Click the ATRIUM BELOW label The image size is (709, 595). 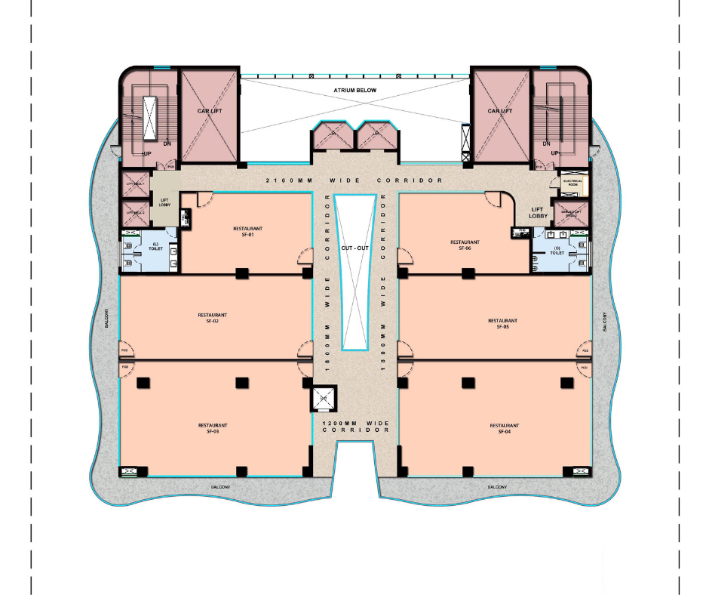[x=354, y=90]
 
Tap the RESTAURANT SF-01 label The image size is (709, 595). [x=247, y=230]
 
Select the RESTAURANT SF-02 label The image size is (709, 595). [x=212, y=318]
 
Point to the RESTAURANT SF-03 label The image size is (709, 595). [x=212, y=428]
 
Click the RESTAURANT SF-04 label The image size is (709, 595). [x=505, y=428]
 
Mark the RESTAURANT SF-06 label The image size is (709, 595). [x=465, y=245]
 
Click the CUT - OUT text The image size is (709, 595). [x=354, y=248]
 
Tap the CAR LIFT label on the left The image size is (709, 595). [x=209, y=111]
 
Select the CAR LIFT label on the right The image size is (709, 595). [x=499, y=111]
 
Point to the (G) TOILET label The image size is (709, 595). [x=557, y=251]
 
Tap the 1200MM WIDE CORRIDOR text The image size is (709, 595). [x=354, y=427]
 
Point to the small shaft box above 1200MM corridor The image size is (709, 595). [x=323, y=398]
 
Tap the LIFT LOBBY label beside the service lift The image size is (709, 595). [x=538, y=213]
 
